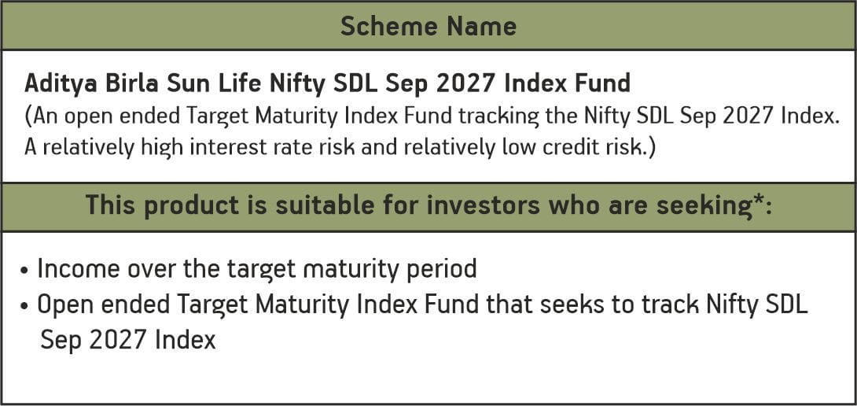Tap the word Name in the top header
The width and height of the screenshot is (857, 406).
click(483, 26)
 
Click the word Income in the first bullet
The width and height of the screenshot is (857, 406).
click(76, 269)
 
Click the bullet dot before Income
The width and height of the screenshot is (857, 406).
click(26, 271)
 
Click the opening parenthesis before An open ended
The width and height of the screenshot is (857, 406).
click(28, 116)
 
